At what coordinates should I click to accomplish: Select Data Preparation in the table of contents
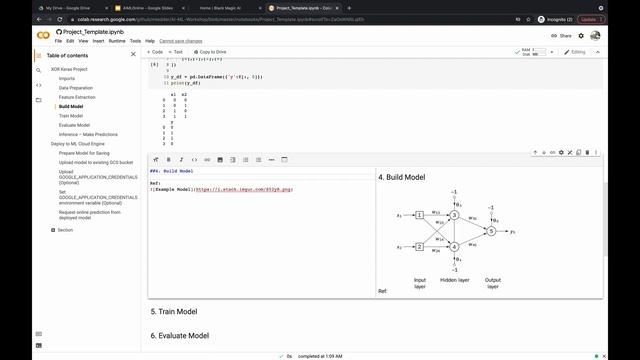click(76, 87)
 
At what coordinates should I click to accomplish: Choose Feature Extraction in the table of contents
click(77, 96)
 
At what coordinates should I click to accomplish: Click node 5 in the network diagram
click(491, 231)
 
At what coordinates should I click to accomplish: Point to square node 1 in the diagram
click(420, 214)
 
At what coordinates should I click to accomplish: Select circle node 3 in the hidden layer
click(453, 214)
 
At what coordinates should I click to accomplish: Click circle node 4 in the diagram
click(453, 246)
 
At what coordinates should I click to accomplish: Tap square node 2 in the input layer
click(420, 246)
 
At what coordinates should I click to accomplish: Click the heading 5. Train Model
click(174, 312)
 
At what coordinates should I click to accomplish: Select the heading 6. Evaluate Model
click(180, 336)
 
